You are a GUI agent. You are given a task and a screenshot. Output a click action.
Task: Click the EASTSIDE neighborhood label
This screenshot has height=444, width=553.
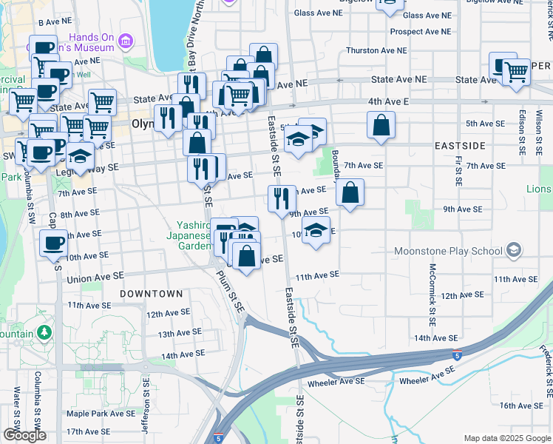pyautogui.click(x=459, y=145)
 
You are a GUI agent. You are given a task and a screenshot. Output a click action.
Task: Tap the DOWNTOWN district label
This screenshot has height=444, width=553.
pyautogui.click(x=152, y=294)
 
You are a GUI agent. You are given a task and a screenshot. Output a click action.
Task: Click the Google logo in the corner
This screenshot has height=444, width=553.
pyautogui.click(x=24, y=435)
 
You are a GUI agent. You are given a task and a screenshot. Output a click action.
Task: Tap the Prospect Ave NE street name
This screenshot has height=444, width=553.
pyautogui.click(x=420, y=32)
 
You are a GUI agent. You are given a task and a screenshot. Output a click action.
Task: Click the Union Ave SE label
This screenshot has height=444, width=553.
pyautogui.click(x=95, y=278)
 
